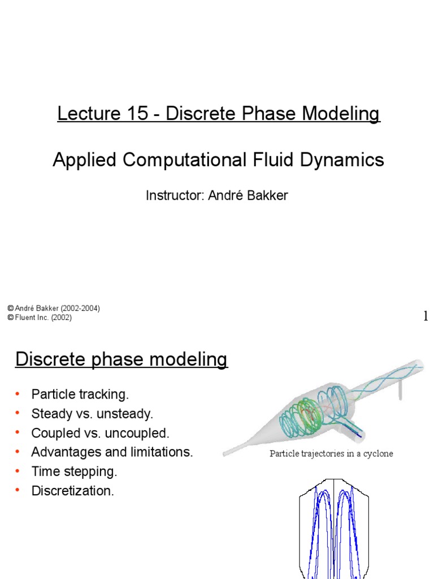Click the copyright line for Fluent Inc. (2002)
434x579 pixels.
coord(40,318)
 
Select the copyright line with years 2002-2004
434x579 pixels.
coord(54,309)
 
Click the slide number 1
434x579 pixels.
coord(426,317)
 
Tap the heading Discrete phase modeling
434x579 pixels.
coord(121,360)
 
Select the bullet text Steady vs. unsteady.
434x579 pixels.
coord(92,414)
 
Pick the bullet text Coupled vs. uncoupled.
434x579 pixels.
coord(100,433)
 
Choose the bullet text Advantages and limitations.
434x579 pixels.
coord(112,452)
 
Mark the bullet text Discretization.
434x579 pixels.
coord(72,491)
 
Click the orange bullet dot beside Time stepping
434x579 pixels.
coord(18,472)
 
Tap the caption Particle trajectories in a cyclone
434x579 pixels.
coord(331,453)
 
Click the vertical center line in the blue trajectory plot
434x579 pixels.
coord(334,526)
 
